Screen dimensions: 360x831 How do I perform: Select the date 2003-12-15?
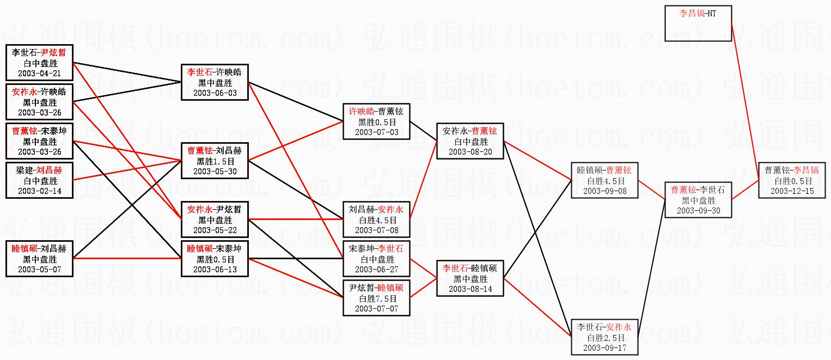tap(792, 191)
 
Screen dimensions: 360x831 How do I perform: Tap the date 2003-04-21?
tap(39, 74)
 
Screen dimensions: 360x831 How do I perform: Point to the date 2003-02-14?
tap(39, 191)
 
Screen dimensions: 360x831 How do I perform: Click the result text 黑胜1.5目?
tap(215, 161)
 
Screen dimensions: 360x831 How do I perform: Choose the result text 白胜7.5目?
tap(376, 298)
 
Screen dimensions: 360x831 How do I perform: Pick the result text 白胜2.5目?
tap(604, 338)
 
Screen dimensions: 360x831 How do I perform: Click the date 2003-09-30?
tap(698, 211)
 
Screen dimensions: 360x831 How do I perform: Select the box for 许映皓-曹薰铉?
tap(376, 121)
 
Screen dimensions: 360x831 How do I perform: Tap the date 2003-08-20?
tap(471, 152)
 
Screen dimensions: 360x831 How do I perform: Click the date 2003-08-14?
tap(471, 289)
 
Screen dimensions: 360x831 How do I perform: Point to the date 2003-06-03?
tap(215, 93)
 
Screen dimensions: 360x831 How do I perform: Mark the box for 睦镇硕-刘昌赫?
tap(39, 259)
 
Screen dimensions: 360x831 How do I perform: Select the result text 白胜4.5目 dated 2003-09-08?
tap(604, 181)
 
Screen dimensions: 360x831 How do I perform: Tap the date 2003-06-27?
tap(376, 270)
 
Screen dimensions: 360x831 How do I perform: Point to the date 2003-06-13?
tap(215, 270)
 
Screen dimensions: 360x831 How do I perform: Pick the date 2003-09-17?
tap(604, 348)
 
